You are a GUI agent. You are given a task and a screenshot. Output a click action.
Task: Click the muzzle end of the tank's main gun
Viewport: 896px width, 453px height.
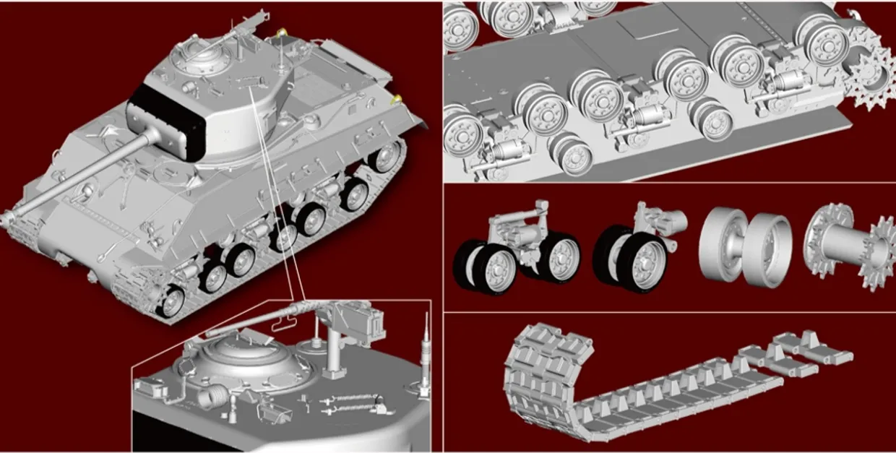tap(9, 215)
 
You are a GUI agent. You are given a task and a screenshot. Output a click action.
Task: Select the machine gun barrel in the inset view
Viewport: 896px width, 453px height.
tap(253, 322)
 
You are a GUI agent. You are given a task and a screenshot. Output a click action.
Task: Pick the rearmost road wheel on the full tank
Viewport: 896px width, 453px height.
tap(388, 157)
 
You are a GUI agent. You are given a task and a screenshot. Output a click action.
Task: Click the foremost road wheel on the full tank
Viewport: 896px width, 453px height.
tap(171, 303)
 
